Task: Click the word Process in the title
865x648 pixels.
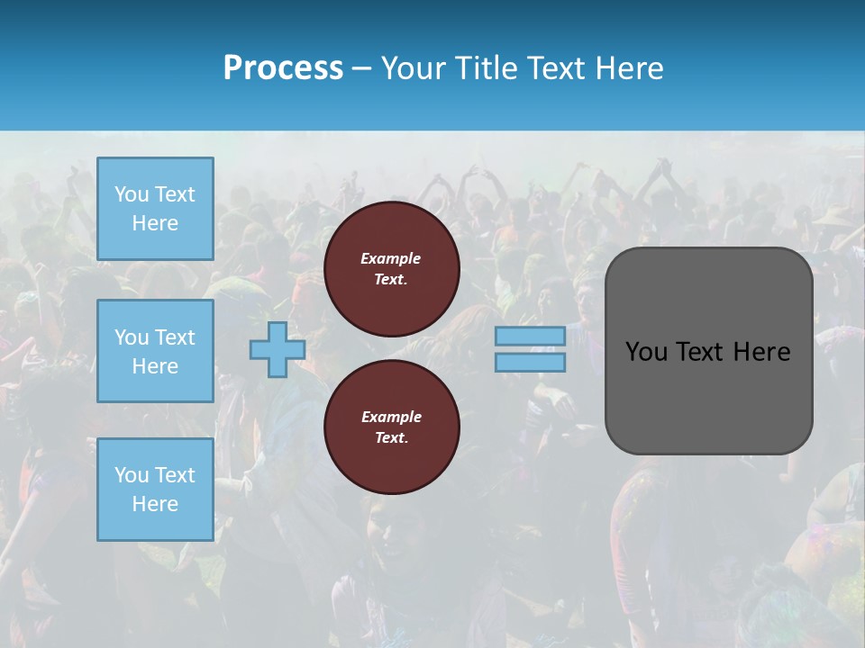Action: tap(283, 68)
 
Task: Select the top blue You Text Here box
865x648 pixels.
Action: tap(155, 209)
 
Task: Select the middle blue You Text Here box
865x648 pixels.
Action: tap(155, 351)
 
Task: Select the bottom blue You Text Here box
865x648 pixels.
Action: tap(155, 489)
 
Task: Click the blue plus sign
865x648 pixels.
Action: tap(278, 349)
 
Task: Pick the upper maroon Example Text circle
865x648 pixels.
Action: tap(391, 268)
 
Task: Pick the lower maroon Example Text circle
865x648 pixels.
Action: tap(391, 427)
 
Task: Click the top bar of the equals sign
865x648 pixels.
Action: tap(530, 336)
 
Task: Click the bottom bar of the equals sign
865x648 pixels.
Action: tap(530, 362)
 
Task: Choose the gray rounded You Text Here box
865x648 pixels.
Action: tap(708, 351)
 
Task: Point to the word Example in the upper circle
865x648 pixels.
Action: tap(391, 258)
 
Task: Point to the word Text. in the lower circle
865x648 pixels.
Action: tap(391, 437)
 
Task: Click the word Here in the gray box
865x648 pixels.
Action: tap(761, 352)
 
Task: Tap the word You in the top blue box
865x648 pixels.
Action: tap(132, 194)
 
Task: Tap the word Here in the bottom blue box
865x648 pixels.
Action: tap(155, 504)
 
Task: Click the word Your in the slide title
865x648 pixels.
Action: tap(414, 68)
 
